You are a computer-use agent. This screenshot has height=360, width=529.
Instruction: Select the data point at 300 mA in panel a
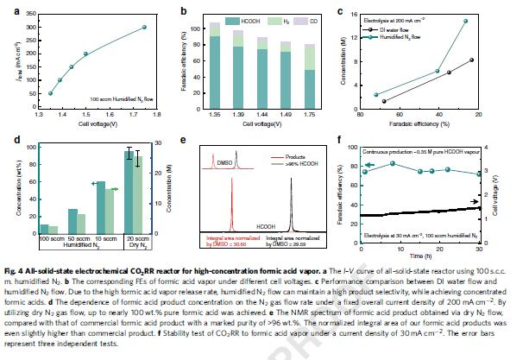pos(145,27)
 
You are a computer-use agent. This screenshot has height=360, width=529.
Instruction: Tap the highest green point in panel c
pos(465,21)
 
